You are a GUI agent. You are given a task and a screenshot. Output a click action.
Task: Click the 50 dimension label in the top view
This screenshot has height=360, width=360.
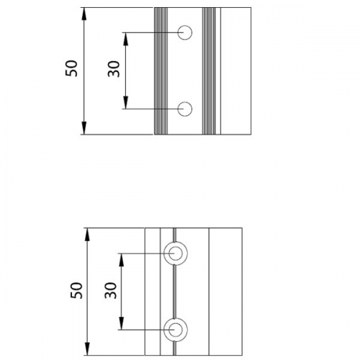point(71,68)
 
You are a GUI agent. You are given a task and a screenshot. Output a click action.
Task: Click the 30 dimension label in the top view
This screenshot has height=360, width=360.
point(114,69)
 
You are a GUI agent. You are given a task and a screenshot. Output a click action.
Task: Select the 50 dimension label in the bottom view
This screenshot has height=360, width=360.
point(76,291)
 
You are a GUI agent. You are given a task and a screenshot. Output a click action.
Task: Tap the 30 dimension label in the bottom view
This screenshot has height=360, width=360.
point(111,290)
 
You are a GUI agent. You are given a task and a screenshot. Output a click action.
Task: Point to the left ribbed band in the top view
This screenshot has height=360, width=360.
point(161,71)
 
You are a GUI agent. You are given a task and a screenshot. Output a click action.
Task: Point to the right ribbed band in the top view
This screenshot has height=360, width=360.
point(209,71)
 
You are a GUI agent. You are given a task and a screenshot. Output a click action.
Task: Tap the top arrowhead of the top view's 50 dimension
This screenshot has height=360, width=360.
point(84,14)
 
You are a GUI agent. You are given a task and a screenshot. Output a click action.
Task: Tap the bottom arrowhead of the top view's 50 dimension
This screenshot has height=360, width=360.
point(84,128)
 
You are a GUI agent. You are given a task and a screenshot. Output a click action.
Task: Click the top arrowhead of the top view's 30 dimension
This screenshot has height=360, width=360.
point(125,39)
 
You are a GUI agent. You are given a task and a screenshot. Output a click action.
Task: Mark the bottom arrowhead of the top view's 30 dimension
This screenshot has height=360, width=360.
point(125,102)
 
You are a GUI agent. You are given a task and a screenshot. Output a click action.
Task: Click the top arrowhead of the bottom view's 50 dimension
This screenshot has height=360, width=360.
point(87,235)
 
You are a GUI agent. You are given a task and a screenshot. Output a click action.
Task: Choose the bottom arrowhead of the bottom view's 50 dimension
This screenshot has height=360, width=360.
point(87,348)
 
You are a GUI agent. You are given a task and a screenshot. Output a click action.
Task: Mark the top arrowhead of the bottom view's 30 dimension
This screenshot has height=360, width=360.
point(122,260)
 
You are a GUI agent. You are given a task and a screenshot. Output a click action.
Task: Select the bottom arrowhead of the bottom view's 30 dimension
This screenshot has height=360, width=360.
point(122,323)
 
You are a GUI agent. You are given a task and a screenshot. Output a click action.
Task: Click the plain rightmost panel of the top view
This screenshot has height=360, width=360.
point(235,71)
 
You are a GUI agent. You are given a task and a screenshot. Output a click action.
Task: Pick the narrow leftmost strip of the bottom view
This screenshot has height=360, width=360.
point(153,292)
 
